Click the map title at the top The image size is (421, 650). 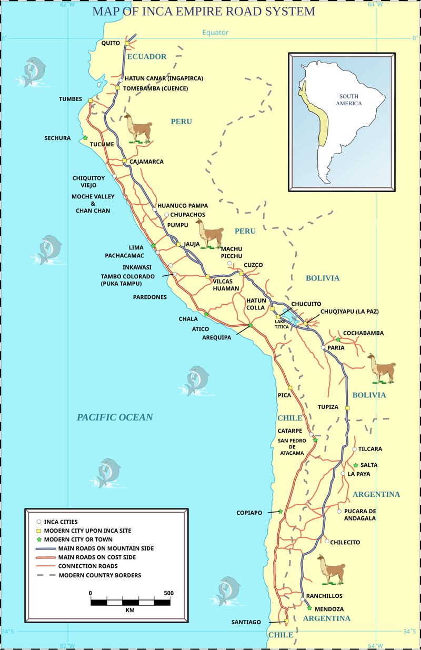(204, 11)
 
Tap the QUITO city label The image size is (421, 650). (111, 43)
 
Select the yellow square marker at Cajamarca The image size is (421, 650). (125, 161)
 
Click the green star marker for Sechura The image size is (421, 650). (85, 138)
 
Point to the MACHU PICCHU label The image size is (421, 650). (232, 252)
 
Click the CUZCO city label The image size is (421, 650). (253, 265)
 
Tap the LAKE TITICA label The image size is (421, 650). (282, 324)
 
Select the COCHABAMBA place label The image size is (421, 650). (363, 333)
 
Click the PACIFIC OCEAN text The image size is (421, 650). (115, 417)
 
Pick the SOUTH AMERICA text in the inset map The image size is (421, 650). (350, 100)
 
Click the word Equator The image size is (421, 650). (216, 33)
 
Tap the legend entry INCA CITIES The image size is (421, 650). (61, 522)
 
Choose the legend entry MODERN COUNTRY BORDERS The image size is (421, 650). (99, 575)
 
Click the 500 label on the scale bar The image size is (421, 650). (168, 593)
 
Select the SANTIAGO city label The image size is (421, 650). (246, 622)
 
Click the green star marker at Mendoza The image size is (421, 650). (309, 608)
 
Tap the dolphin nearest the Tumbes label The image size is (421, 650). (34, 72)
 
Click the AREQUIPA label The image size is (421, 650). (217, 337)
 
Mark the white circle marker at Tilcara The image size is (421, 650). (355, 449)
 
